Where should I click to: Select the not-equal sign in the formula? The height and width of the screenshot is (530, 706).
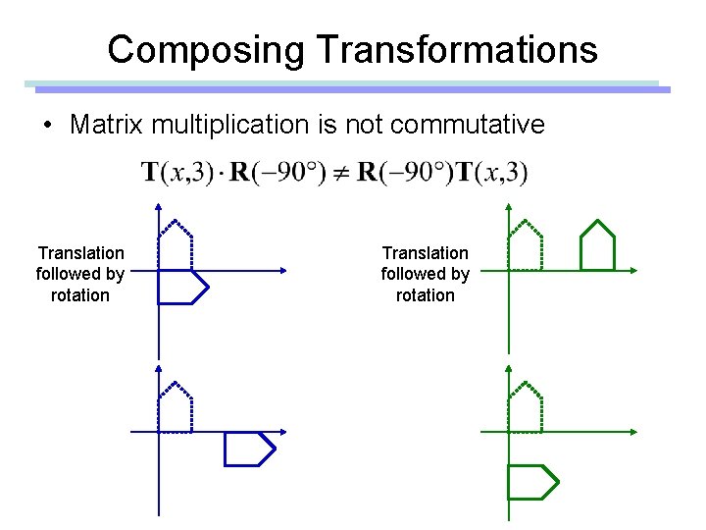click(x=339, y=174)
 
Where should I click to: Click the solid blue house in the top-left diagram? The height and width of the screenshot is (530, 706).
click(x=182, y=287)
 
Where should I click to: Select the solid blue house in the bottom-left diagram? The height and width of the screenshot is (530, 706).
click(x=248, y=449)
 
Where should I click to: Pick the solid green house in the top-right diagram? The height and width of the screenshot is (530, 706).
click(x=596, y=245)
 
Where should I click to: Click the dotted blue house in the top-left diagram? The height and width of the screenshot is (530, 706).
click(x=175, y=245)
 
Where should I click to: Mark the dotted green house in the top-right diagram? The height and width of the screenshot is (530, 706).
click(x=526, y=245)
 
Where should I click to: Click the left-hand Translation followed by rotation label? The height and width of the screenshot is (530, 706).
click(x=80, y=274)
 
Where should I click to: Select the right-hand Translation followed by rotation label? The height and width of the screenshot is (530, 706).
click(x=425, y=274)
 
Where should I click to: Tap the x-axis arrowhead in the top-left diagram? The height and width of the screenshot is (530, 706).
click(x=281, y=270)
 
